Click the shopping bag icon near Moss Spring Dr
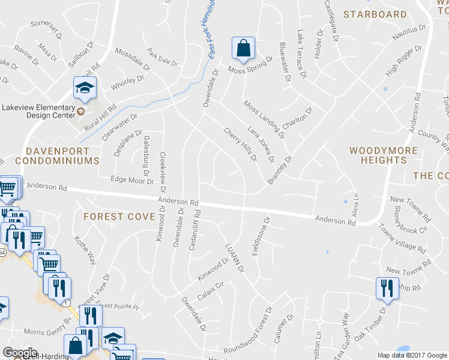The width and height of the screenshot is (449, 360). [x=243, y=49]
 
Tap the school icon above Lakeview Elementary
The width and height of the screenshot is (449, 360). [x=85, y=88]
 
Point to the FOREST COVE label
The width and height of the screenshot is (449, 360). [x=119, y=217]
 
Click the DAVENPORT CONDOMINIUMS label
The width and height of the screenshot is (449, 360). [x=57, y=156]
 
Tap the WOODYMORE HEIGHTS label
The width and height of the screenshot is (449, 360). [x=378, y=155]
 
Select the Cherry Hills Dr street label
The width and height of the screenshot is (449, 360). [x=240, y=144]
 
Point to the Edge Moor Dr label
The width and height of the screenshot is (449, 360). [x=133, y=179]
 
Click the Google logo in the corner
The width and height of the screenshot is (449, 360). [x=20, y=353]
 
